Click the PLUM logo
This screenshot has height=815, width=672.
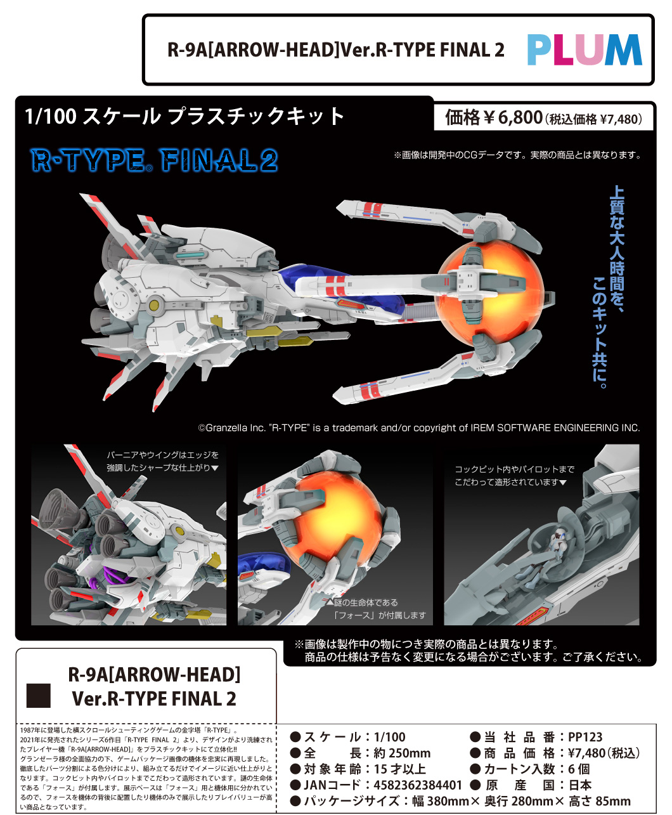tap(584, 50)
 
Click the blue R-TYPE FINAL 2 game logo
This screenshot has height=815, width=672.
tap(155, 161)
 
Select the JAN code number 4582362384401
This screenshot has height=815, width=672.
tap(418, 785)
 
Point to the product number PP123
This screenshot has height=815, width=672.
tap(585, 737)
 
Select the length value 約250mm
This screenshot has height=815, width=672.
tap(402, 753)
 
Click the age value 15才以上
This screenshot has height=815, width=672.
tap(399, 769)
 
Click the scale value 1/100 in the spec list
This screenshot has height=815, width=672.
tap(389, 737)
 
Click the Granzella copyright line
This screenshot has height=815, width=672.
tap(419, 428)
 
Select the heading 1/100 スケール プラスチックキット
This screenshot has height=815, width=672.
tap(184, 117)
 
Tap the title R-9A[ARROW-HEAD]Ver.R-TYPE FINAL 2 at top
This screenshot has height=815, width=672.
tap(335, 50)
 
